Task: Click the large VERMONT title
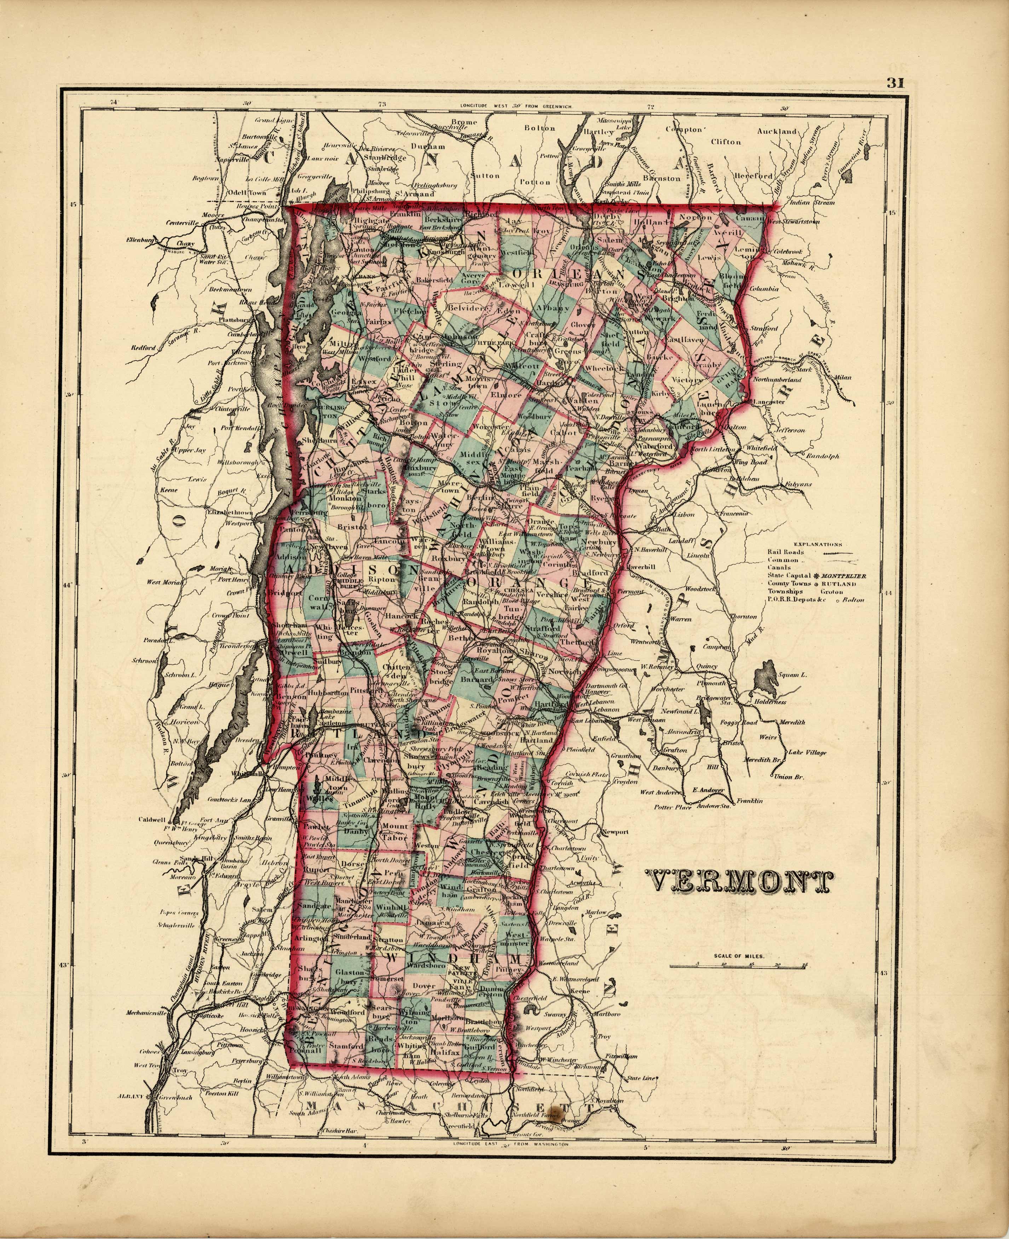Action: click(x=738, y=883)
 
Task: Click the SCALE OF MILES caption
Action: click(x=739, y=955)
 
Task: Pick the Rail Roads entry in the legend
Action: click(x=786, y=552)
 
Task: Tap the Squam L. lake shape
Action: click(x=766, y=675)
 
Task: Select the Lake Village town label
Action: click(x=807, y=752)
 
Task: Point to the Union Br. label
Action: click(x=789, y=777)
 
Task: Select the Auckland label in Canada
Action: click(x=777, y=131)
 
